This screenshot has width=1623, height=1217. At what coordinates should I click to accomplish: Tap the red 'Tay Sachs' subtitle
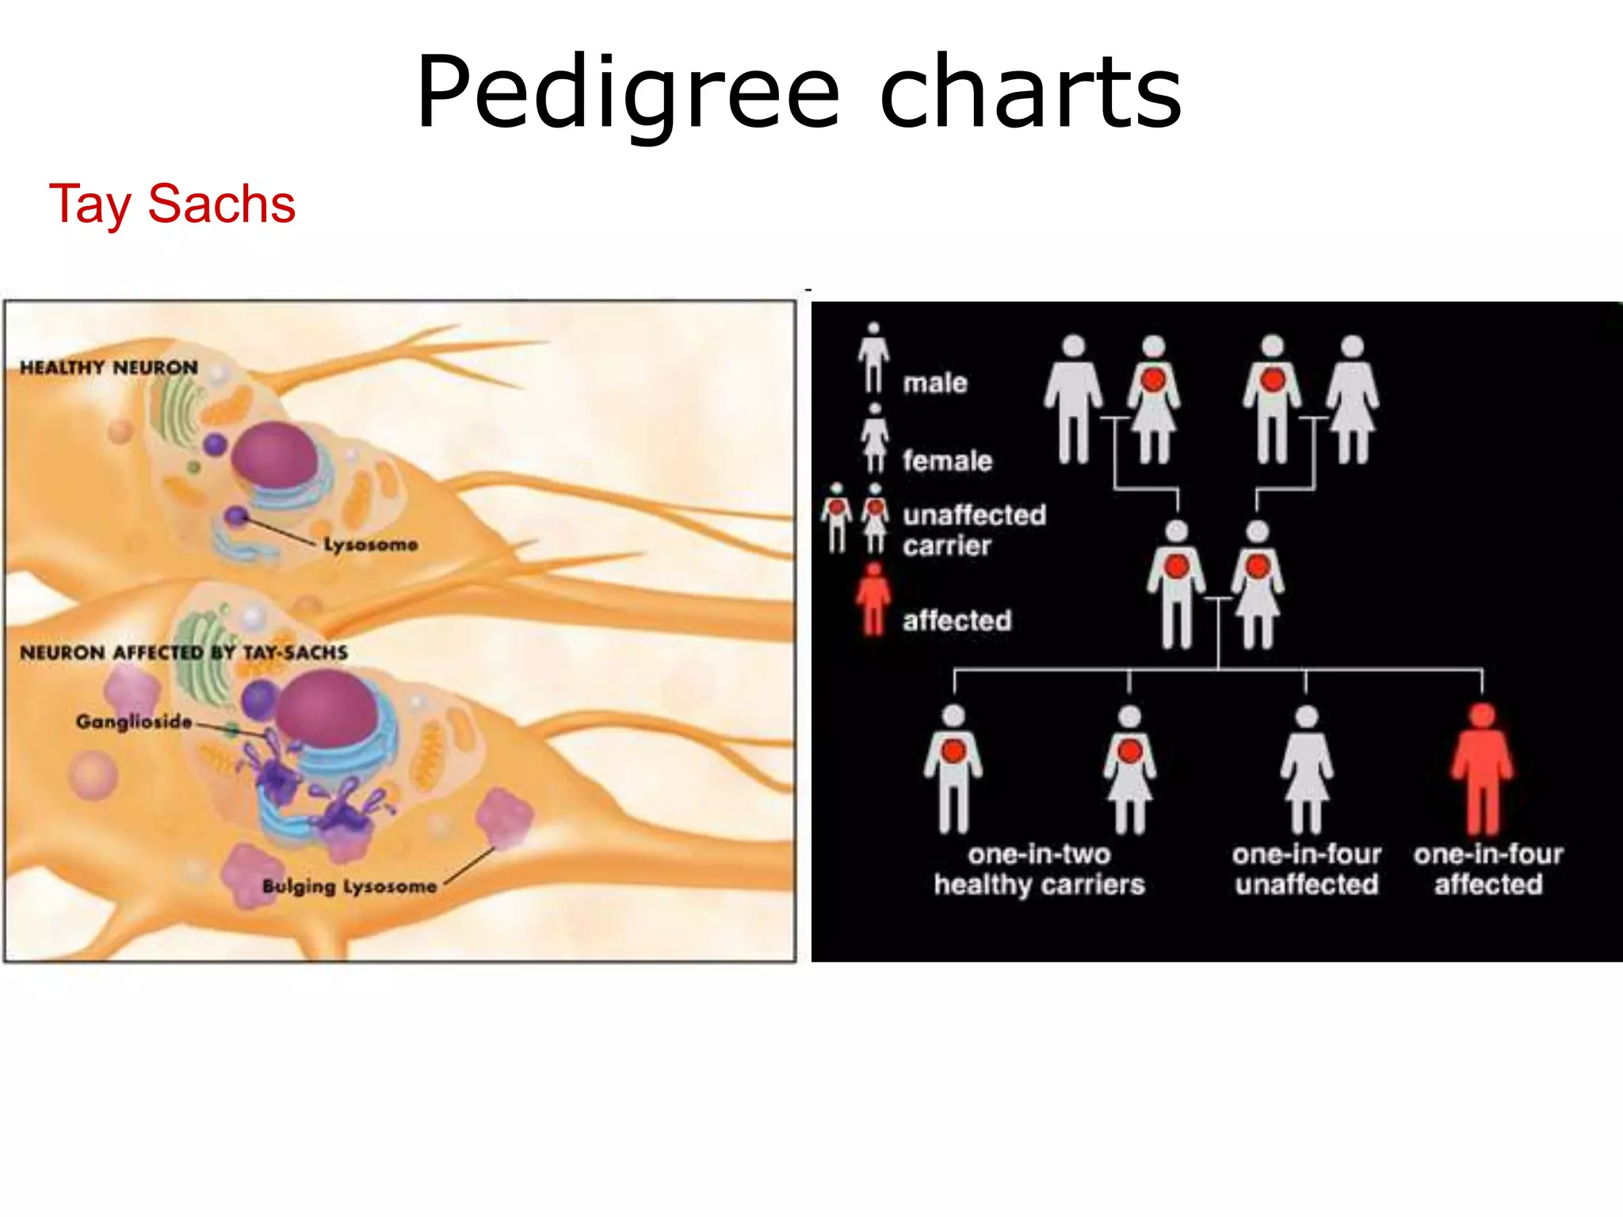[172, 204]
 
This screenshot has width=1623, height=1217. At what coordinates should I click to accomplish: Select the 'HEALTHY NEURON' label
[109, 368]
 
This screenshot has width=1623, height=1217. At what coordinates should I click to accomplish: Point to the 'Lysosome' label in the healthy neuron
[370, 544]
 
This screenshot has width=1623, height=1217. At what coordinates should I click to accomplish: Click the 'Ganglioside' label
[134, 722]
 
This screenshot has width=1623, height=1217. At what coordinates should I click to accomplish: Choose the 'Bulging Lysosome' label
[349, 886]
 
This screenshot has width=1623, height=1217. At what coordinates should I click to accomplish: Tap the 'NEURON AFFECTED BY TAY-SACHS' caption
[184, 653]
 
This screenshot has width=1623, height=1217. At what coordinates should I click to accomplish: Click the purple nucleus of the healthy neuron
[273, 454]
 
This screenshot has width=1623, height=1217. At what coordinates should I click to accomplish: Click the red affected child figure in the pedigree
[1482, 769]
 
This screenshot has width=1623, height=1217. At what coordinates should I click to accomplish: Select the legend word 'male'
[935, 383]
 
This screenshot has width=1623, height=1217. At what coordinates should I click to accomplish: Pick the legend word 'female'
[947, 460]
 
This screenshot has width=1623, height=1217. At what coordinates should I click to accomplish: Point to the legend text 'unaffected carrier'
[974, 530]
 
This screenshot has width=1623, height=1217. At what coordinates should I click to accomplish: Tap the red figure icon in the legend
[873, 599]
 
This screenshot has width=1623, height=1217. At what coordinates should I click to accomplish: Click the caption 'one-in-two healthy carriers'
[1039, 869]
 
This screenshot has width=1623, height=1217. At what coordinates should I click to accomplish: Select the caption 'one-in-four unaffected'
[1306, 869]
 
